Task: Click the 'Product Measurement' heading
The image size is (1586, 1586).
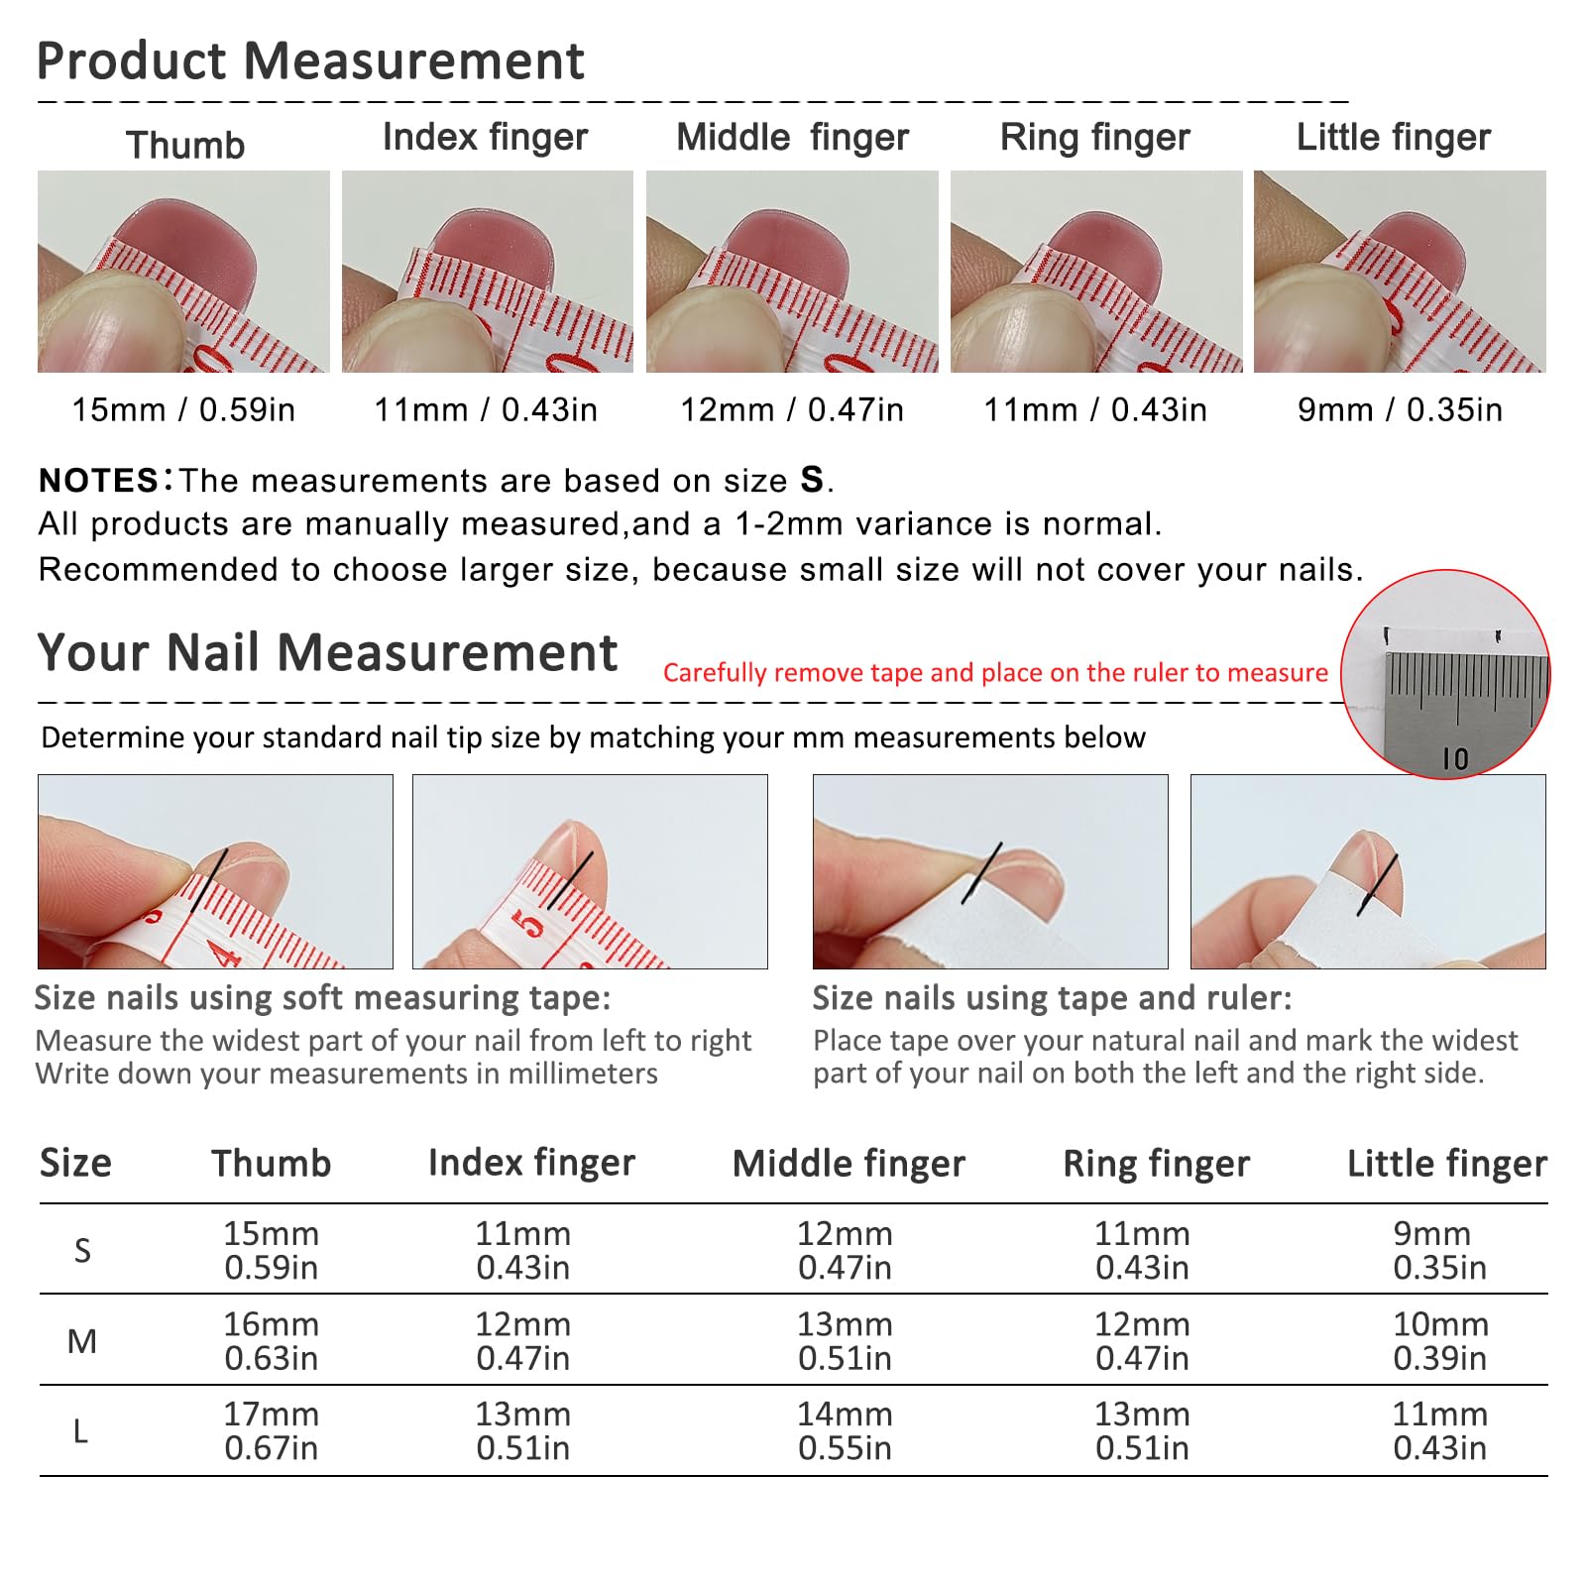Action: [x=310, y=61]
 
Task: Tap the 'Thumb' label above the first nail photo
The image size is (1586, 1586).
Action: [x=185, y=146]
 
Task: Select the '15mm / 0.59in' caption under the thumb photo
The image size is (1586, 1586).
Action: [x=183, y=409]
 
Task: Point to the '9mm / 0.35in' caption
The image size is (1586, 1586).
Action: [x=1400, y=409]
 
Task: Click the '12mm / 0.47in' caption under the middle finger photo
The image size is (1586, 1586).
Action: [x=792, y=409]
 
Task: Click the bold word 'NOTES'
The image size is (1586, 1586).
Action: [x=98, y=481]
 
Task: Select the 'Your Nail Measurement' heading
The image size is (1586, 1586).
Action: [x=327, y=653]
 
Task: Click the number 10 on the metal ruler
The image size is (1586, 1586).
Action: [x=1455, y=759]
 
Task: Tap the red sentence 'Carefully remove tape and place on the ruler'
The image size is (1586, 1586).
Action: [x=995, y=673]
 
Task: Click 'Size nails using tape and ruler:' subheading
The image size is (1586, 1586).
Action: [x=1053, y=998]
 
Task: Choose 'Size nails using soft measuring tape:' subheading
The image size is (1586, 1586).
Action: [x=323, y=998]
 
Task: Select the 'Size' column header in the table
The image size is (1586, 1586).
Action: [x=75, y=1163]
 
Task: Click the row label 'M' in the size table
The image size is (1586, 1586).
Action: [x=82, y=1341]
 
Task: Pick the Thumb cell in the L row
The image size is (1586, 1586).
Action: [x=272, y=1431]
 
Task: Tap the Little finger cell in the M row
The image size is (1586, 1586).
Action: [x=1440, y=1341]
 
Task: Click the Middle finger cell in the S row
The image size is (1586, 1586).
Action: [x=845, y=1250]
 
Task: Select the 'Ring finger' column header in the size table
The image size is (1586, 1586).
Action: [x=1156, y=1164]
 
